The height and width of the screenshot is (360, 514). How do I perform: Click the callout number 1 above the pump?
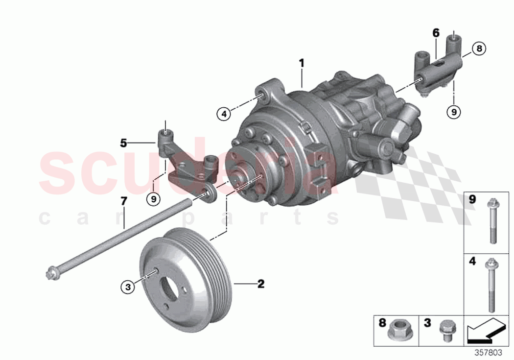click(302, 63)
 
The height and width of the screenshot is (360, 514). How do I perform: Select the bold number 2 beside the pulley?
click(261, 284)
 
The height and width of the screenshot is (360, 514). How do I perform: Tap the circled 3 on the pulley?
click(128, 288)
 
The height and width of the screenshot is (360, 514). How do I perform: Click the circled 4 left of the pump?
click(223, 114)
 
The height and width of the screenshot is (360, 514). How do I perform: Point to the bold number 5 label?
click(124, 143)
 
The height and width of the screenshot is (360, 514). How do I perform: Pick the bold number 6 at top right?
click(436, 33)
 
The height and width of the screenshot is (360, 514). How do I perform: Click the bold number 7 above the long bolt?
click(124, 200)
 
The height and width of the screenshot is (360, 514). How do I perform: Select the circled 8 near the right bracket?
click(479, 48)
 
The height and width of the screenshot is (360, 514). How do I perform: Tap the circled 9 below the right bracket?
click(454, 112)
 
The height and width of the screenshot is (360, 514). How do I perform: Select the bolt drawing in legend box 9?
click(491, 220)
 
